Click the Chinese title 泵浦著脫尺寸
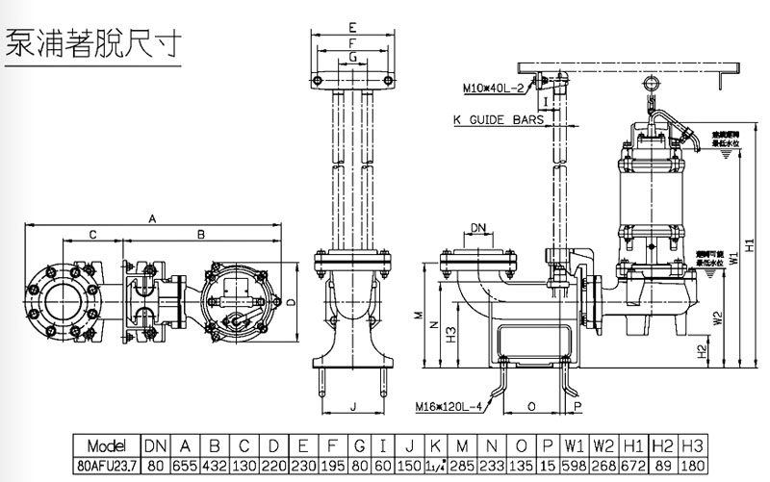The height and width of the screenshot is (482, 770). (x=93, y=45)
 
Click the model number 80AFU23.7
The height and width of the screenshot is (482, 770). (x=107, y=465)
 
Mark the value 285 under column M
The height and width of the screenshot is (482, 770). (x=464, y=465)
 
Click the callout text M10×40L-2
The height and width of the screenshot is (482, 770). (x=491, y=89)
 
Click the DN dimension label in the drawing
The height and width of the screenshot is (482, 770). (x=478, y=228)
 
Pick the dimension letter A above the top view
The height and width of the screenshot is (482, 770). (x=152, y=218)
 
